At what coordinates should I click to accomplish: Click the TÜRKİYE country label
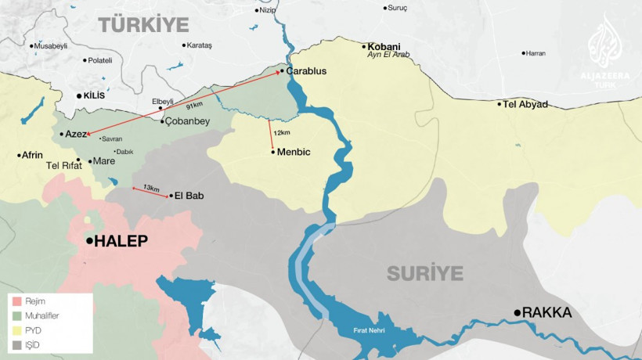pyautogui.click(x=144, y=23)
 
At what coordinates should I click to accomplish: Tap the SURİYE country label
pyautogui.click(x=425, y=274)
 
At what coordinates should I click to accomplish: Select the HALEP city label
pyautogui.click(x=121, y=242)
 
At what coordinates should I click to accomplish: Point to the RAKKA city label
pyautogui.click(x=547, y=313)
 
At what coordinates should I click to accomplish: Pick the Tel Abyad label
pyautogui.click(x=525, y=104)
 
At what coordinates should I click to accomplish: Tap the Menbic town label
pyautogui.click(x=294, y=152)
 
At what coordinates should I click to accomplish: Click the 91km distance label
pyautogui.click(x=193, y=104)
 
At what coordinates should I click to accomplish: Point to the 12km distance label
pyautogui.click(x=282, y=132)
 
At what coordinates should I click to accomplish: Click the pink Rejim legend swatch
pyautogui.click(x=16, y=301)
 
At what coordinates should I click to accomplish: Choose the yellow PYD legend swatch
pyautogui.click(x=16, y=331)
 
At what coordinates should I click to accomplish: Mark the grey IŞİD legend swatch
pyautogui.click(x=16, y=346)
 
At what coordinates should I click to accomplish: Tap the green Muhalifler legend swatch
pyautogui.click(x=16, y=316)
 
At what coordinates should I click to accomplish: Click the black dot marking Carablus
pyautogui.click(x=281, y=71)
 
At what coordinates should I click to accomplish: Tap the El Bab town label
pyautogui.click(x=190, y=196)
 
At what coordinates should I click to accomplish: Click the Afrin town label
pyautogui.click(x=33, y=155)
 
